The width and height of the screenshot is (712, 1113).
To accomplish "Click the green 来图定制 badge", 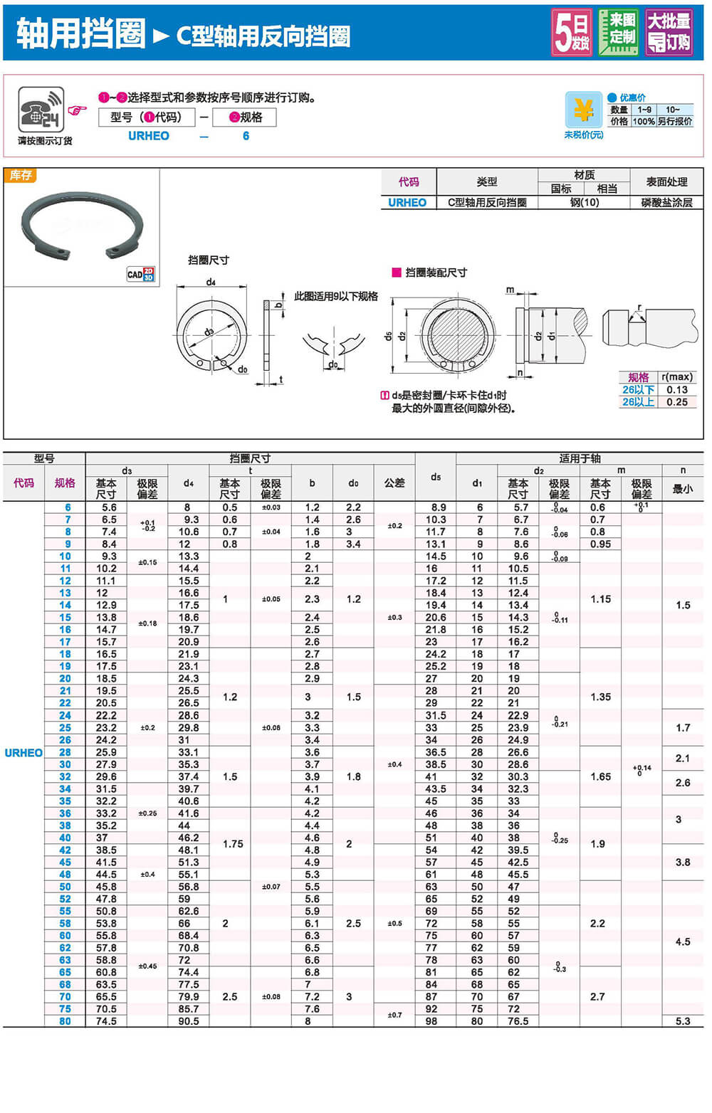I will (618, 32).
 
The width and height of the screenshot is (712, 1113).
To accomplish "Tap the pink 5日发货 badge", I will (572, 32).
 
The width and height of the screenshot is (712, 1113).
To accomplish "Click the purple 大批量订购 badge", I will (668, 32).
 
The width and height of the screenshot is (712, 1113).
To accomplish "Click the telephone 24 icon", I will (41, 110).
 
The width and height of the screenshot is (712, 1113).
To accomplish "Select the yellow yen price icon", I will (583, 110).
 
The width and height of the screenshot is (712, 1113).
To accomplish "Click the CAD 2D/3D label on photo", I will (140, 274).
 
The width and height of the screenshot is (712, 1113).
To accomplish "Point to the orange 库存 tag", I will (20, 175).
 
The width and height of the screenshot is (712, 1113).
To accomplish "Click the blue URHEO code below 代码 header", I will (407, 203).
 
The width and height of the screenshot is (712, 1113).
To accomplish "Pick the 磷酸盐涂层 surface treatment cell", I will (666, 203).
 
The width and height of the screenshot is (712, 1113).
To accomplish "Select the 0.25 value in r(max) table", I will (676, 402).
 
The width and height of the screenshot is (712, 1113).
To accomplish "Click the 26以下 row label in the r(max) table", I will (638, 390).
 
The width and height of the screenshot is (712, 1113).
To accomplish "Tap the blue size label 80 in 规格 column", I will (65, 1021).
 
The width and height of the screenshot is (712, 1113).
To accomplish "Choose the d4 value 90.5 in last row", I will (189, 1021).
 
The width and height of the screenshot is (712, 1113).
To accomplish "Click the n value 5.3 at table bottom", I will (683, 1021).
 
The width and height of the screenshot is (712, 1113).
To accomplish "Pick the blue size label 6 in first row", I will (68, 507).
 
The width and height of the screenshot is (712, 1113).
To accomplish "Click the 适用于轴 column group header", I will (580, 458).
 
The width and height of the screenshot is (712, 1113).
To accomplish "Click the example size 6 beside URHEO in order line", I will (246, 136).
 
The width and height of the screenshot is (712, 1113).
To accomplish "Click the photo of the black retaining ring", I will (82, 225).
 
